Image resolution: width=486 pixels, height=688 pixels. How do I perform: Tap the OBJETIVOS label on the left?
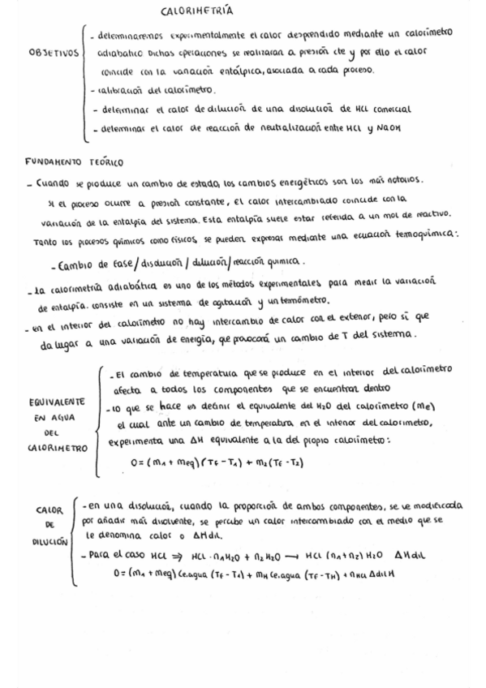tap(54, 52)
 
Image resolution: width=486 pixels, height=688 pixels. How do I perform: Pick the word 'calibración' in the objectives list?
tap(123, 89)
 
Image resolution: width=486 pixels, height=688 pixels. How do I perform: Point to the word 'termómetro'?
tap(303, 303)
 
